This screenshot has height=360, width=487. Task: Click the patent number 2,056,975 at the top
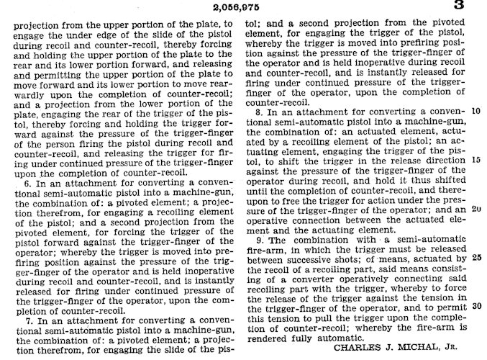point(243,7)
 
